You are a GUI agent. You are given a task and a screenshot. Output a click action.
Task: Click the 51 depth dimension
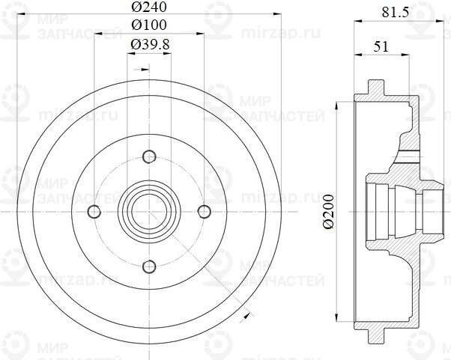click(x=381, y=46)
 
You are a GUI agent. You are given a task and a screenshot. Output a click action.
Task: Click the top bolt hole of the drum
click(x=148, y=157)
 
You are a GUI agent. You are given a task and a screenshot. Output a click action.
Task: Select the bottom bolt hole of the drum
click(x=148, y=264)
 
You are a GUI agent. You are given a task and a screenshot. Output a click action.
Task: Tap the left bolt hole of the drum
click(x=95, y=210)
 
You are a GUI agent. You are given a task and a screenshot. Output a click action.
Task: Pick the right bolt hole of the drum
click(x=202, y=210)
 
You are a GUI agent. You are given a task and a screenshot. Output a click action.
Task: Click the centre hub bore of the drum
click(x=148, y=210)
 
